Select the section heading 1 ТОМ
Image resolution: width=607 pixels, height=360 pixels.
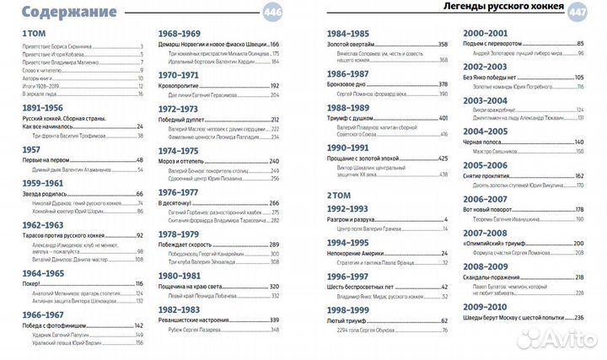[x=35, y=33]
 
